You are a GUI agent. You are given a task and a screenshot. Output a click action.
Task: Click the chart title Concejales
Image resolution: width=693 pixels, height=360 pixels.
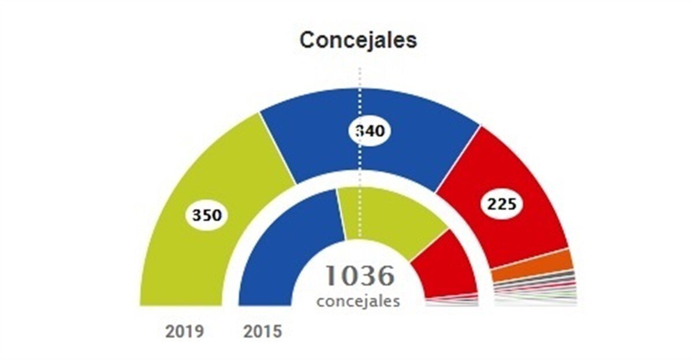point(358,40)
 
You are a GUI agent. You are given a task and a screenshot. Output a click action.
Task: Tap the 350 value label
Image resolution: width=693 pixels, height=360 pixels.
point(207,216)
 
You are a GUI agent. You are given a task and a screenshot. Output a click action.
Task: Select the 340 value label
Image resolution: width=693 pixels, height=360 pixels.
point(370,131)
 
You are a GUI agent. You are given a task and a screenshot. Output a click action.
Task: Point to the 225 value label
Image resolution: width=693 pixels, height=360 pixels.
point(502,203)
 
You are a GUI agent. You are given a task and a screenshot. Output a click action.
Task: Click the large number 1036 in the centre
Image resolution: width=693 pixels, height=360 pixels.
point(359,276)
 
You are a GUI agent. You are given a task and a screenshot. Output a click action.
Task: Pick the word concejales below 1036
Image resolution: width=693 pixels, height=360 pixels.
point(358,302)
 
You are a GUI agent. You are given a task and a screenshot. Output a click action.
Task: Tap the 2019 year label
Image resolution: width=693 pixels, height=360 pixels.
point(184,332)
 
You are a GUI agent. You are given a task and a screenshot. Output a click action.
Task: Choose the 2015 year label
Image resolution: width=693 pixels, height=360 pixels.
point(262,332)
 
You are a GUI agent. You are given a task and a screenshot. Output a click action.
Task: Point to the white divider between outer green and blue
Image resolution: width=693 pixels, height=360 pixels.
point(278,148)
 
